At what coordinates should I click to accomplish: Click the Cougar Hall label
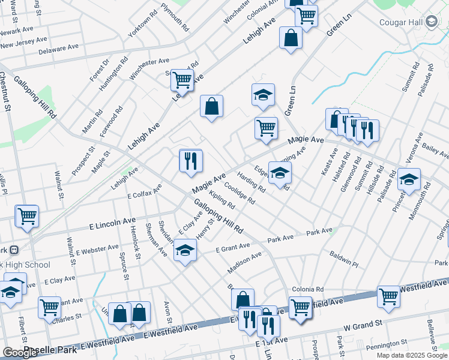tap(402, 23)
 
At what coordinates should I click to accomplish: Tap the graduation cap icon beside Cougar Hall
tap(431, 23)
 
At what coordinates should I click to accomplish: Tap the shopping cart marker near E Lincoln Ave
tap(27, 216)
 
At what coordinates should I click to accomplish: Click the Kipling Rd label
tap(223, 200)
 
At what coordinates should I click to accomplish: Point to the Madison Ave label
tap(245, 263)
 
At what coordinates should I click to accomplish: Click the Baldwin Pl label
tap(343, 260)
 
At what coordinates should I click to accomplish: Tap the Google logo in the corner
tap(20, 353)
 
